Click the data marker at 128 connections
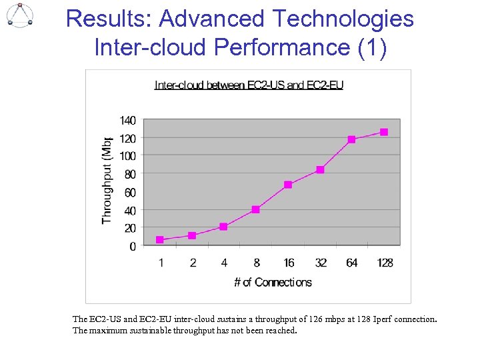(x=384, y=132)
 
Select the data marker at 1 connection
(x=160, y=239)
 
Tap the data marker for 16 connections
(x=288, y=185)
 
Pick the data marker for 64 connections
(x=352, y=139)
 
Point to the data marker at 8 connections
(x=256, y=209)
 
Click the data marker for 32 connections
(x=320, y=170)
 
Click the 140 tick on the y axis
(x=127, y=121)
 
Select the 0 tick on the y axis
(x=133, y=246)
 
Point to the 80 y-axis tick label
(x=129, y=174)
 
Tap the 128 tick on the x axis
(x=385, y=263)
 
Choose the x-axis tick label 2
(x=193, y=263)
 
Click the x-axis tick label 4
(x=224, y=263)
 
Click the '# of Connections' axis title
(x=273, y=283)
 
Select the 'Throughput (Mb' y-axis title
(x=107, y=180)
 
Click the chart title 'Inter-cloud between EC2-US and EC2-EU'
(x=249, y=85)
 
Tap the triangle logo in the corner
(x=20, y=15)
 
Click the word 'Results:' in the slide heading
(x=109, y=19)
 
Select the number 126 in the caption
(x=320, y=319)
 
